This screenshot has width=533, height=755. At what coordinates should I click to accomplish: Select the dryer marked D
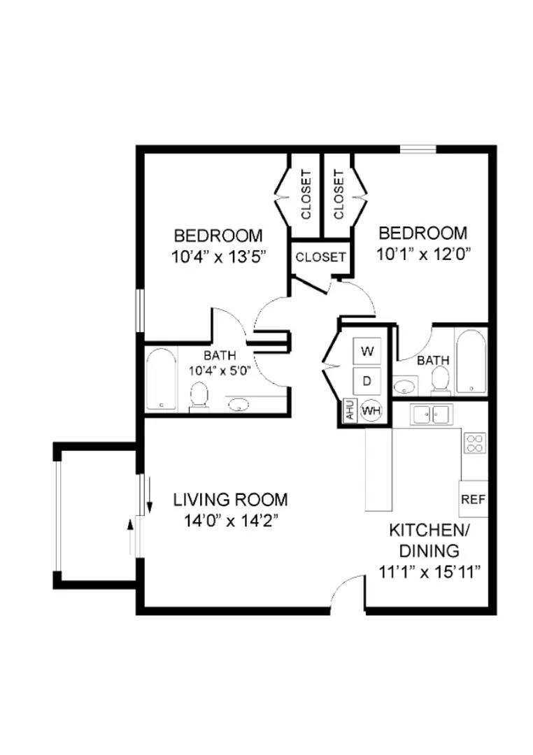[x=367, y=381]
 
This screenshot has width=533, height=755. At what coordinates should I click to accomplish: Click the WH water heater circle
[x=370, y=410]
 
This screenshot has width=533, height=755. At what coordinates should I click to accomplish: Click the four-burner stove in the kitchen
[x=474, y=443]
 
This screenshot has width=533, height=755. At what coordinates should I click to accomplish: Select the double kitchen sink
[x=430, y=415]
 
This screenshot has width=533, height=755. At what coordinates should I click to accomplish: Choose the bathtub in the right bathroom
[x=470, y=361]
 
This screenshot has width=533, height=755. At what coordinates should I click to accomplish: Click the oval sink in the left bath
[x=239, y=404]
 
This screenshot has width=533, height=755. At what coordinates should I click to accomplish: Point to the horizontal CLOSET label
[x=320, y=257]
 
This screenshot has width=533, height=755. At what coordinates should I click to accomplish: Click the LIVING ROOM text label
[x=230, y=500]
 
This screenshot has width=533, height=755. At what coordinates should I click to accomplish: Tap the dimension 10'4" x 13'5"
[x=218, y=256]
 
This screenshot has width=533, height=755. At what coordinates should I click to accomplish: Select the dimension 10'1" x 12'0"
[x=422, y=253]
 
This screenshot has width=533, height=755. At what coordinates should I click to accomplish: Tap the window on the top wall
[x=418, y=148]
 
